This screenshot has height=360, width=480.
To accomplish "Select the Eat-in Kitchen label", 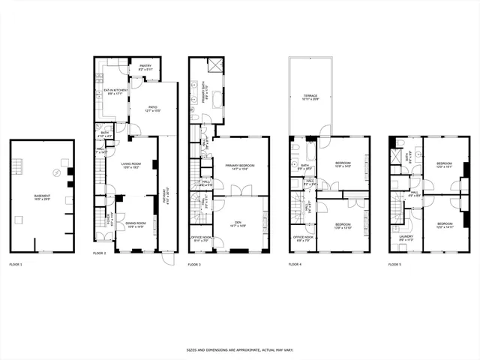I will click(112, 91).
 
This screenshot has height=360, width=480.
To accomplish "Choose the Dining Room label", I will click(134, 224).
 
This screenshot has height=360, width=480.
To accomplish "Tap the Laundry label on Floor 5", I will click(406, 239).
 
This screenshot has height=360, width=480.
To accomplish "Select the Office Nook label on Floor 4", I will click(303, 238).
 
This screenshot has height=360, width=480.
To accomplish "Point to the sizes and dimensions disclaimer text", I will click(239, 349).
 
